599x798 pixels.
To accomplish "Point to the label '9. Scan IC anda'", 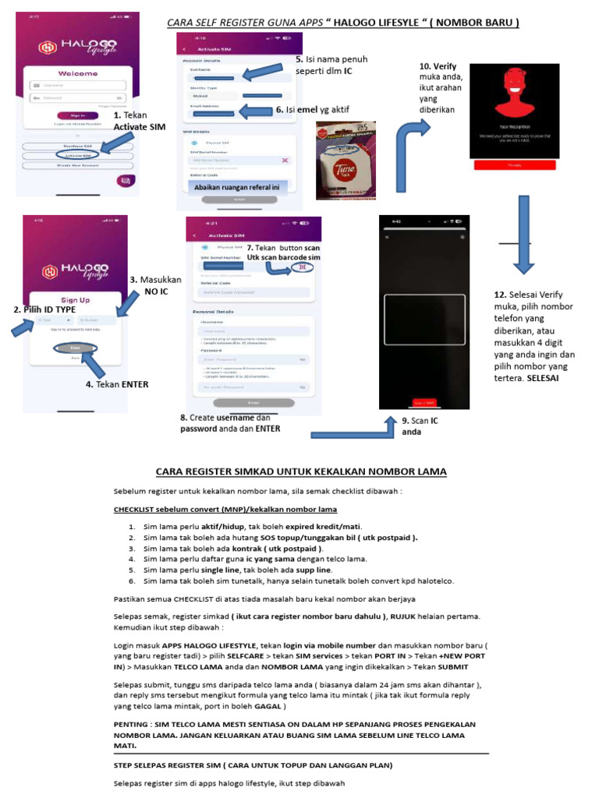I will [x=420, y=425].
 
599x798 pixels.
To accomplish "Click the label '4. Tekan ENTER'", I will [x=117, y=384].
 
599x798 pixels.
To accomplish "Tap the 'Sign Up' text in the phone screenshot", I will [x=76, y=299].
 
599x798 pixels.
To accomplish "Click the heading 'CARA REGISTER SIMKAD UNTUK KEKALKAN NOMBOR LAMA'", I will [x=302, y=471].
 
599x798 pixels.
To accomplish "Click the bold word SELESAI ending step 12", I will [x=548, y=378].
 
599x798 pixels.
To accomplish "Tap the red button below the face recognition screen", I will [x=515, y=165].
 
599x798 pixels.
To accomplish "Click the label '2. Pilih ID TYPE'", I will [x=44, y=309].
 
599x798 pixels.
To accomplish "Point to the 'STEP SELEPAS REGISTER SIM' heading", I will [x=253, y=765].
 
